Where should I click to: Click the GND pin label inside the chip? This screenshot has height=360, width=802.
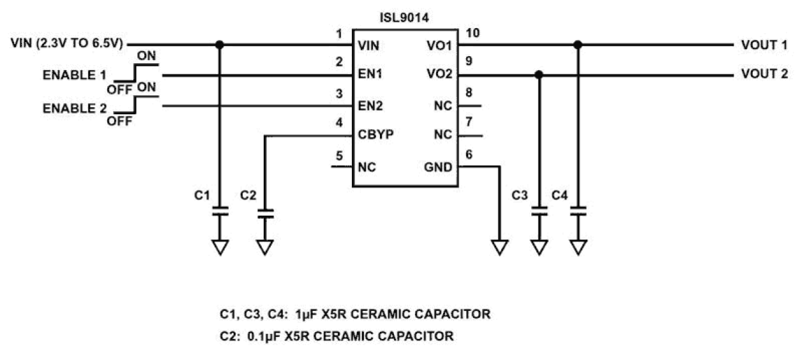(x=439, y=167)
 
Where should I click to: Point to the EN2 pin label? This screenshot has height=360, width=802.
(x=370, y=105)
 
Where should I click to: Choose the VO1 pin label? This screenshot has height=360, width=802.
(x=440, y=45)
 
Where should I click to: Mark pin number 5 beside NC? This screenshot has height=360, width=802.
(x=338, y=155)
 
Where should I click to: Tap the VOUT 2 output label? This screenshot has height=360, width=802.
(x=764, y=75)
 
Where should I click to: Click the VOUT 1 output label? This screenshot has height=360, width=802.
(x=764, y=45)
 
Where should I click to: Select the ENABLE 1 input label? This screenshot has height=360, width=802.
(x=75, y=75)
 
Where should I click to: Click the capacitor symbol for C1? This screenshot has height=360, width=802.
(x=220, y=212)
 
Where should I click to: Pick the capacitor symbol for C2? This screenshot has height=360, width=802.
(x=264, y=212)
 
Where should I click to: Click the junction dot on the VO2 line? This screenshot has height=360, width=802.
(x=540, y=75)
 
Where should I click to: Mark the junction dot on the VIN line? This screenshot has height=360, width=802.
(x=220, y=45)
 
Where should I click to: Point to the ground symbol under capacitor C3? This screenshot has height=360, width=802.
(x=540, y=246)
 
